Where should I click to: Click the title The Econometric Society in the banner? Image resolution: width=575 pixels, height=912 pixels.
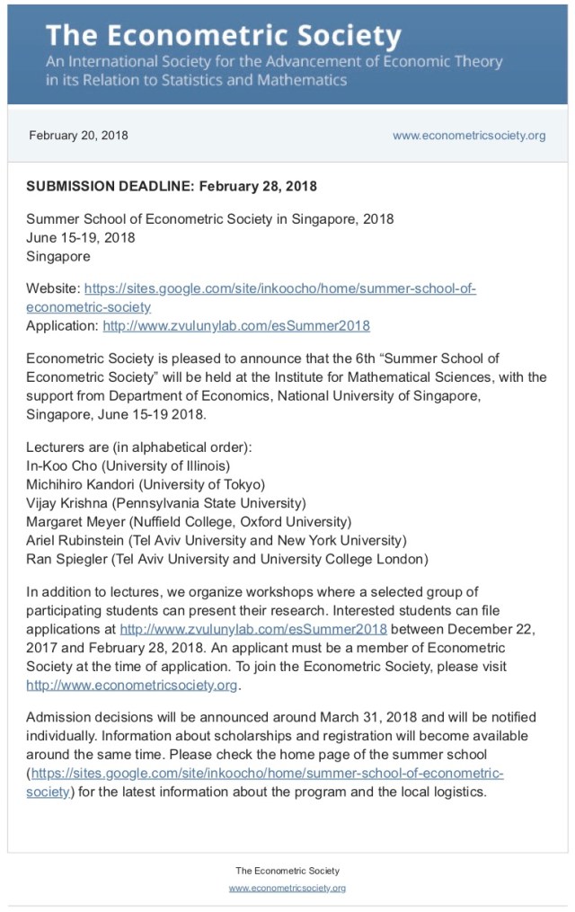[x=223, y=35]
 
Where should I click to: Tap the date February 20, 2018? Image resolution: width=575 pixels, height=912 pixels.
[x=78, y=136]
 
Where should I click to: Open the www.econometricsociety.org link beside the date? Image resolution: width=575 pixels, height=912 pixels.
[x=469, y=136]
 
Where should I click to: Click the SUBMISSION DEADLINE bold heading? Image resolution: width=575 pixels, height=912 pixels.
[x=171, y=187]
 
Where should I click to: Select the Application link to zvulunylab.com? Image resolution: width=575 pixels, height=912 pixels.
[x=236, y=325]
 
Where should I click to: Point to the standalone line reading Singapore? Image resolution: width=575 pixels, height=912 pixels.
[x=58, y=256]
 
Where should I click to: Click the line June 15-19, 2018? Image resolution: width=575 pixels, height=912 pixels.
[x=81, y=237]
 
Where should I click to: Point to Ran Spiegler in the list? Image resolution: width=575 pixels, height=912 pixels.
[x=66, y=559]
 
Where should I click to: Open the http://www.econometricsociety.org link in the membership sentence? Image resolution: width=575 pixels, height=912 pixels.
[x=132, y=685]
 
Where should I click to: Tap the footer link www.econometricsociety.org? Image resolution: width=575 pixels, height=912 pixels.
[x=287, y=888]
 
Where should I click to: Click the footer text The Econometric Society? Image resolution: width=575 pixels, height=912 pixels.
[x=287, y=871]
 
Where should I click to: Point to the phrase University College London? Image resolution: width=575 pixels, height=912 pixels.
[x=359, y=559]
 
